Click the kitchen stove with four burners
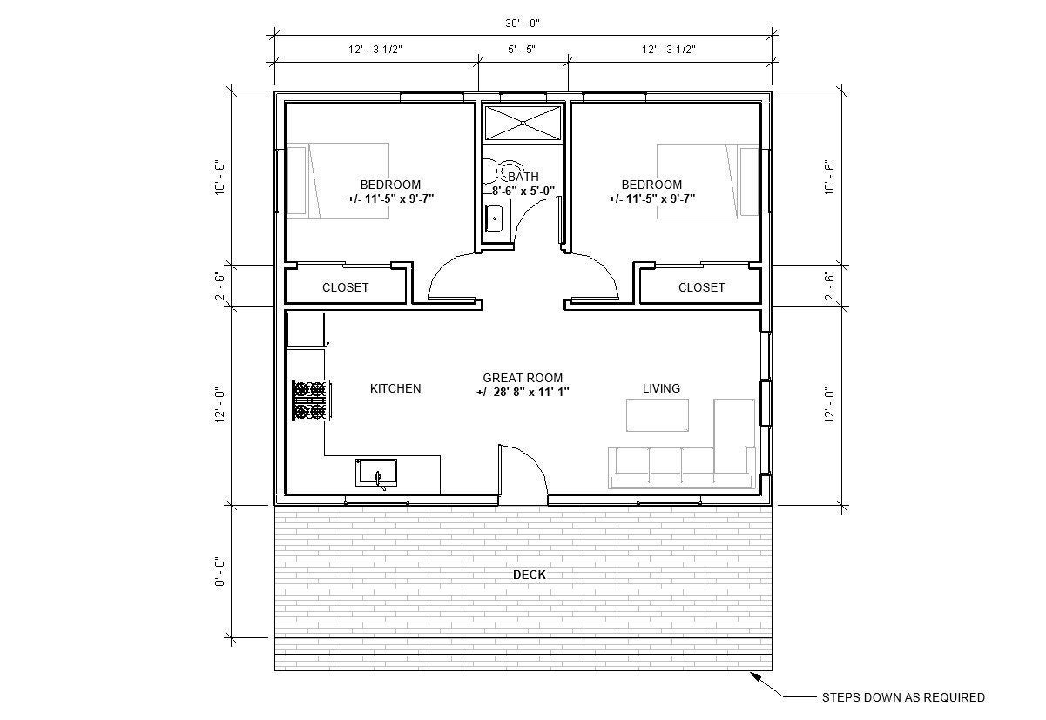pos(310,400)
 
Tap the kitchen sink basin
pos(376,473)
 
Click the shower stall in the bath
pos(523,122)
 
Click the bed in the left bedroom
pos(338,180)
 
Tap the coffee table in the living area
pos(658,414)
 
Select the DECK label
pos(530,575)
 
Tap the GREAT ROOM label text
pos(523,378)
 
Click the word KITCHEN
pos(395,388)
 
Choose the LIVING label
pos(661,388)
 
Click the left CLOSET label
pos(346,287)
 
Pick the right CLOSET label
pos(701,287)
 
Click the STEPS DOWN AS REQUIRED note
pos(903,697)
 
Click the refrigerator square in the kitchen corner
pos(306,330)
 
